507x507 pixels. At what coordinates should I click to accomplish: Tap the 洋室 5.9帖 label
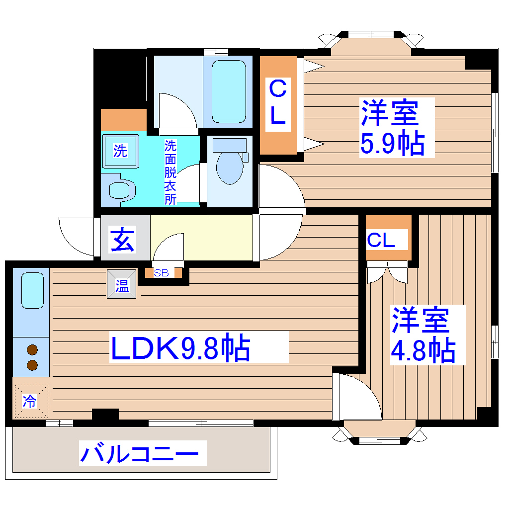(x=391, y=128)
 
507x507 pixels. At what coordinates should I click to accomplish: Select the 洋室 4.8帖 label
(x=422, y=336)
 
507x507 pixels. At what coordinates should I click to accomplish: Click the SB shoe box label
(x=161, y=273)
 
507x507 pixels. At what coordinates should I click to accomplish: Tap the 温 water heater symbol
(x=121, y=285)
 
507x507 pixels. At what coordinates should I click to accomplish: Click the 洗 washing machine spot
(x=120, y=151)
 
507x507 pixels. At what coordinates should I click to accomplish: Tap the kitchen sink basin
(x=32, y=291)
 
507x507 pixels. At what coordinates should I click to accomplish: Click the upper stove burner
(x=32, y=349)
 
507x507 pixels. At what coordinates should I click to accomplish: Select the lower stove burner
(x=32, y=365)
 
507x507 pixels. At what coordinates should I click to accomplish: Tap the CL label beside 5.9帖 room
(x=278, y=103)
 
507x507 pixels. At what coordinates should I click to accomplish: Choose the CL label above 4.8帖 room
(x=382, y=241)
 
